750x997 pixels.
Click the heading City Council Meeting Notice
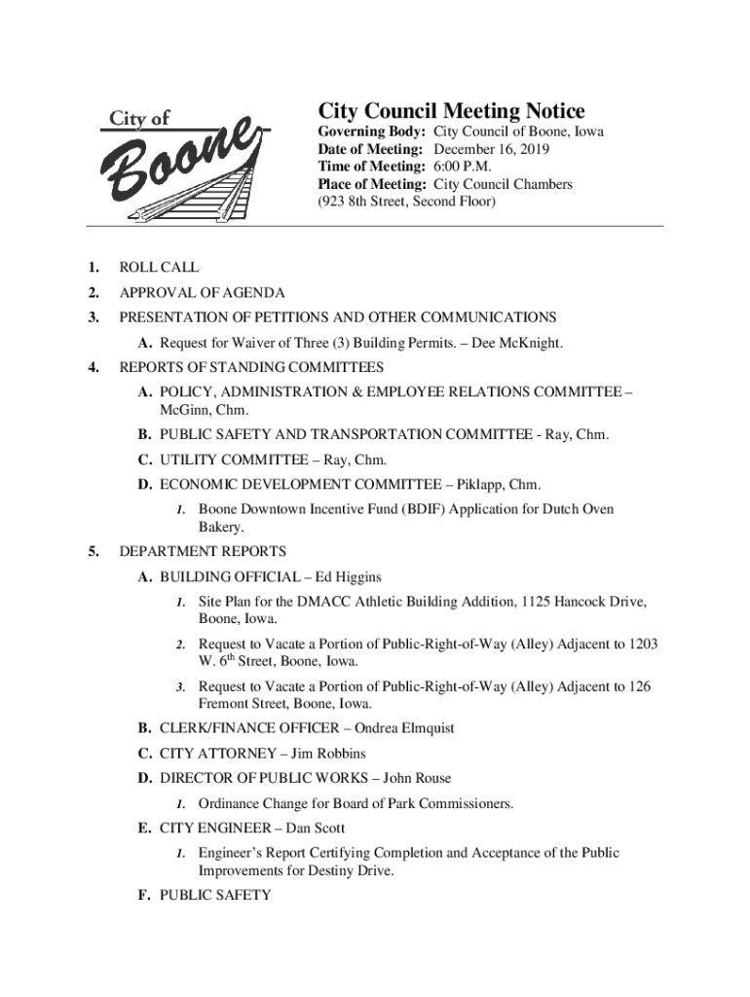452,111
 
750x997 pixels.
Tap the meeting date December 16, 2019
491,149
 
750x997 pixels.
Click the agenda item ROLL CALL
159,267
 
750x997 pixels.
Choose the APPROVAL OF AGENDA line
202,292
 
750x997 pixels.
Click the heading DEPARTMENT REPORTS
203,552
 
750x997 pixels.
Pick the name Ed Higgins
346,577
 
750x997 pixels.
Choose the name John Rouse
417,778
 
